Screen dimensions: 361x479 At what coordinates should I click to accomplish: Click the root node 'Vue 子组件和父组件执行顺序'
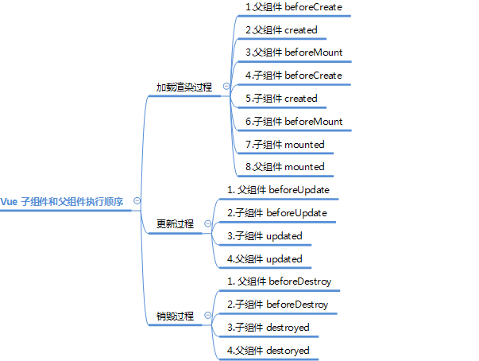click(x=62, y=201)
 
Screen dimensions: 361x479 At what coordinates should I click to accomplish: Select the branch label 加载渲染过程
click(x=183, y=87)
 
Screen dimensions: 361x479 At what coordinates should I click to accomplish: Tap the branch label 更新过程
click(x=174, y=224)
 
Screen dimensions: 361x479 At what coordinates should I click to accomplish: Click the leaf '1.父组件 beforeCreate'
click(x=294, y=7)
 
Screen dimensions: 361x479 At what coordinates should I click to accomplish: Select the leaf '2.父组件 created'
click(x=281, y=30)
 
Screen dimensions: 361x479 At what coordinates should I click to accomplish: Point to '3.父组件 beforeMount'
click(x=294, y=52)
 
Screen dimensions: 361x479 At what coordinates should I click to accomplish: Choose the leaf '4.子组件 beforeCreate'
click(x=294, y=76)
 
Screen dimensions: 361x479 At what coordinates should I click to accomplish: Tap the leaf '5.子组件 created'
click(x=281, y=99)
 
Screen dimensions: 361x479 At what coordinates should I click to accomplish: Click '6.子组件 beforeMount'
click(x=294, y=122)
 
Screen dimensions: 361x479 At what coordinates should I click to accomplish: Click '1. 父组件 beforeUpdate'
click(x=278, y=190)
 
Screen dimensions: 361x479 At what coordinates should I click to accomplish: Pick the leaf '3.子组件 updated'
click(x=265, y=236)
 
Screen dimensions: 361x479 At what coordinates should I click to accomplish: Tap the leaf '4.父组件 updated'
click(x=265, y=258)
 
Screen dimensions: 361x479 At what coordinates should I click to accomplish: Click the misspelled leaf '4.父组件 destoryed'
click(x=268, y=350)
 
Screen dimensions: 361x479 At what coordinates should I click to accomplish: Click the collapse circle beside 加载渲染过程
click(x=226, y=87)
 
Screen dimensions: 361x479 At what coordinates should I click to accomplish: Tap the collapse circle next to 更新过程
click(x=208, y=224)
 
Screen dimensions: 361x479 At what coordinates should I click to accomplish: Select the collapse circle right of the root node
click(x=137, y=201)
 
